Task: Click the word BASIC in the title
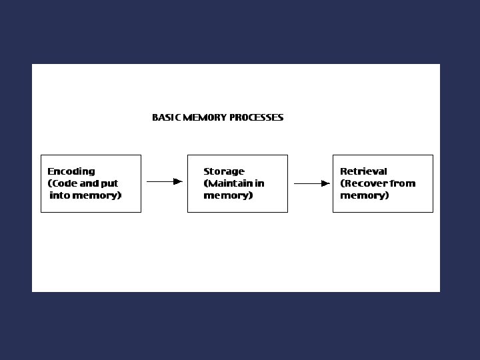pos(166,117)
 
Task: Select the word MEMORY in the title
pos(205,117)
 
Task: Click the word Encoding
pos(71,171)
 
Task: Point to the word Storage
pos(224,171)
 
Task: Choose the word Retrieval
pos(363,171)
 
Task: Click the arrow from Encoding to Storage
pos(164,181)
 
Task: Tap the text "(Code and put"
pos(83,183)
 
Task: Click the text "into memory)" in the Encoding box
pos(85,195)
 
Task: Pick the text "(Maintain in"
pos(234,183)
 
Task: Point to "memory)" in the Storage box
pos(228,195)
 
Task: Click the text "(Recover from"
pos(377,183)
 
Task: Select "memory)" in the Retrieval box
pos(365,195)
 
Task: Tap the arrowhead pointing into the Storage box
pos(178,181)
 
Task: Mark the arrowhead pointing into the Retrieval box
pos(326,183)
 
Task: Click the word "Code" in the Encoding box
pos(65,183)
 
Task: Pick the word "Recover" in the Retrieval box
pos(366,183)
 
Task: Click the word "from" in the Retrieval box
pos(403,183)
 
